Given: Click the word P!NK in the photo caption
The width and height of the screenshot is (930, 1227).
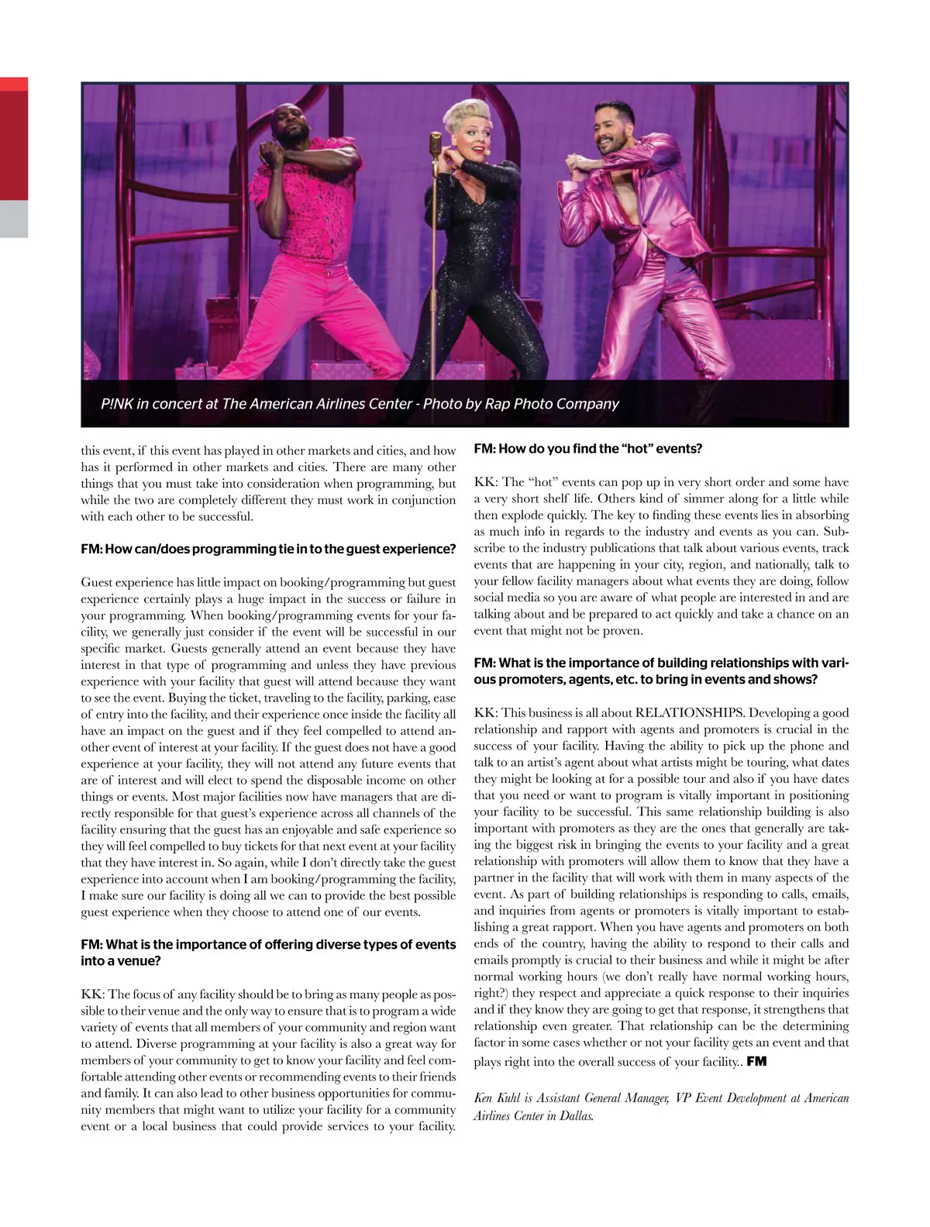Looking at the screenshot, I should pos(116,404).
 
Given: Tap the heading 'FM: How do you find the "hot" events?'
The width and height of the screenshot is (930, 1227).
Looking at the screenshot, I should pos(587,449).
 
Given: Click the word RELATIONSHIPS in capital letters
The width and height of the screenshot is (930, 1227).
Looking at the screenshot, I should pos(690,713).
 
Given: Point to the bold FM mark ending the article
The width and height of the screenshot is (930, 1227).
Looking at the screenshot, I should pos(756,1061).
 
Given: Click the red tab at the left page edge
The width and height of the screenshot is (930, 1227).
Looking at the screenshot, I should pos(14,140).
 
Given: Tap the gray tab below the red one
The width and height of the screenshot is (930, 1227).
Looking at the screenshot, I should pos(14,219).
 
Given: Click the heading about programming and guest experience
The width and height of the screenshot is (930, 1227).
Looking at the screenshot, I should pos(268,549).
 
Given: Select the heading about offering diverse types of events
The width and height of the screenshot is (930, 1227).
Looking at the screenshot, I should pos(268,953).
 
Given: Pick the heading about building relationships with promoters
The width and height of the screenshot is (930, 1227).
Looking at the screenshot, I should pos(660,671).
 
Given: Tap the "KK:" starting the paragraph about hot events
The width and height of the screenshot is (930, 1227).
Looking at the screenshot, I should pos(487,482).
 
